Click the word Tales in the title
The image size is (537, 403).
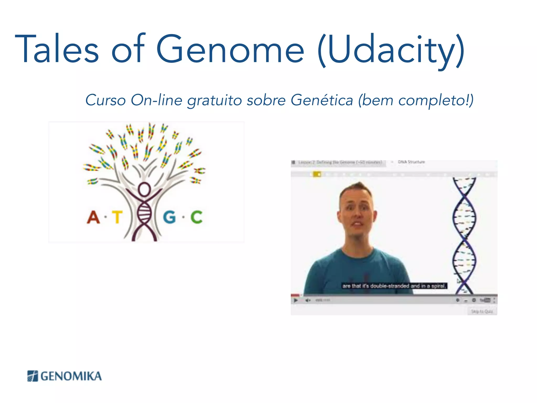click(x=57, y=49)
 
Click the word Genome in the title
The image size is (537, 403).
click(x=230, y=49)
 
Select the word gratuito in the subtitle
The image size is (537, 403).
click(x=214, y=101)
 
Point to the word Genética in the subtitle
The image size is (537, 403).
click(x=322, y=100)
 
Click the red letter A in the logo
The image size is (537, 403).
click(x=93, y=217)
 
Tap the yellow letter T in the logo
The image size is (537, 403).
click(x=117, y=217)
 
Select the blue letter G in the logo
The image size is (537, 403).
click(x=169, y=217)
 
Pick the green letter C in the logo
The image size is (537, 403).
click(x=196, y=217)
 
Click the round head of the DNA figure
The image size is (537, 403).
click(x=144, y=189)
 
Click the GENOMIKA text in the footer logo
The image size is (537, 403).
click(x=71, y=376)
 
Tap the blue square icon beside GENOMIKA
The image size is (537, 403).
click(x=33, y=376)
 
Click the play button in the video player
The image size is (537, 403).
click(x=296, y=300)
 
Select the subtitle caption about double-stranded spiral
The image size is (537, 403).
click(x=394, y=286)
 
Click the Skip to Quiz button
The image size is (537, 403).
click(x=482, y=311)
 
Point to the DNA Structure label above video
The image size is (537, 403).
click(x=411, y=162)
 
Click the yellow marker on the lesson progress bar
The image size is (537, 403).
click(x=317, y=174)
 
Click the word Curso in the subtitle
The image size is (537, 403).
click(x=105, y=100)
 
